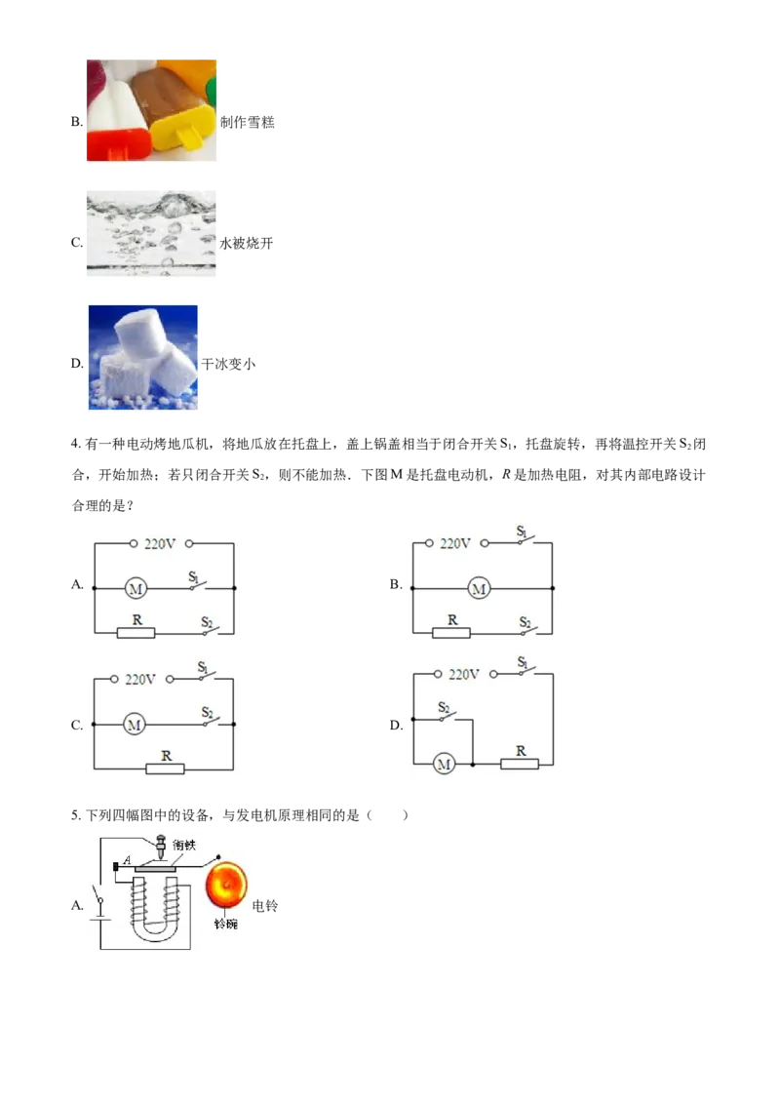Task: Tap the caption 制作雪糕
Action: (x=247, y=123)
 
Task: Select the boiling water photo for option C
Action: (x=151, y=233)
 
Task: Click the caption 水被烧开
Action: (x=247, y=244)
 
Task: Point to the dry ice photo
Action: (x=143, y=357)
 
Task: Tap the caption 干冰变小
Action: (x=229, y=364)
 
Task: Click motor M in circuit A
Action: (x=136, y=588)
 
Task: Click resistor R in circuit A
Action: (x=136, y=632)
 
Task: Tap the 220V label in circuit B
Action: (x=455, y=543)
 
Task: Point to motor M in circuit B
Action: (x=480, y=589)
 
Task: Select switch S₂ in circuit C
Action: (x=209, y=717)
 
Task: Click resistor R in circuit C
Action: (x=166, y=769)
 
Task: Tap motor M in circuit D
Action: (x=444, y=765)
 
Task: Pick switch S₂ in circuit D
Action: (x=446, y=713)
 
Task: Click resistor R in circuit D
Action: (x=520, y=764)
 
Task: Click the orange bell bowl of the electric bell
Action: (x=226, y=885)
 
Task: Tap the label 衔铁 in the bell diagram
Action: (x=184, y=845)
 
